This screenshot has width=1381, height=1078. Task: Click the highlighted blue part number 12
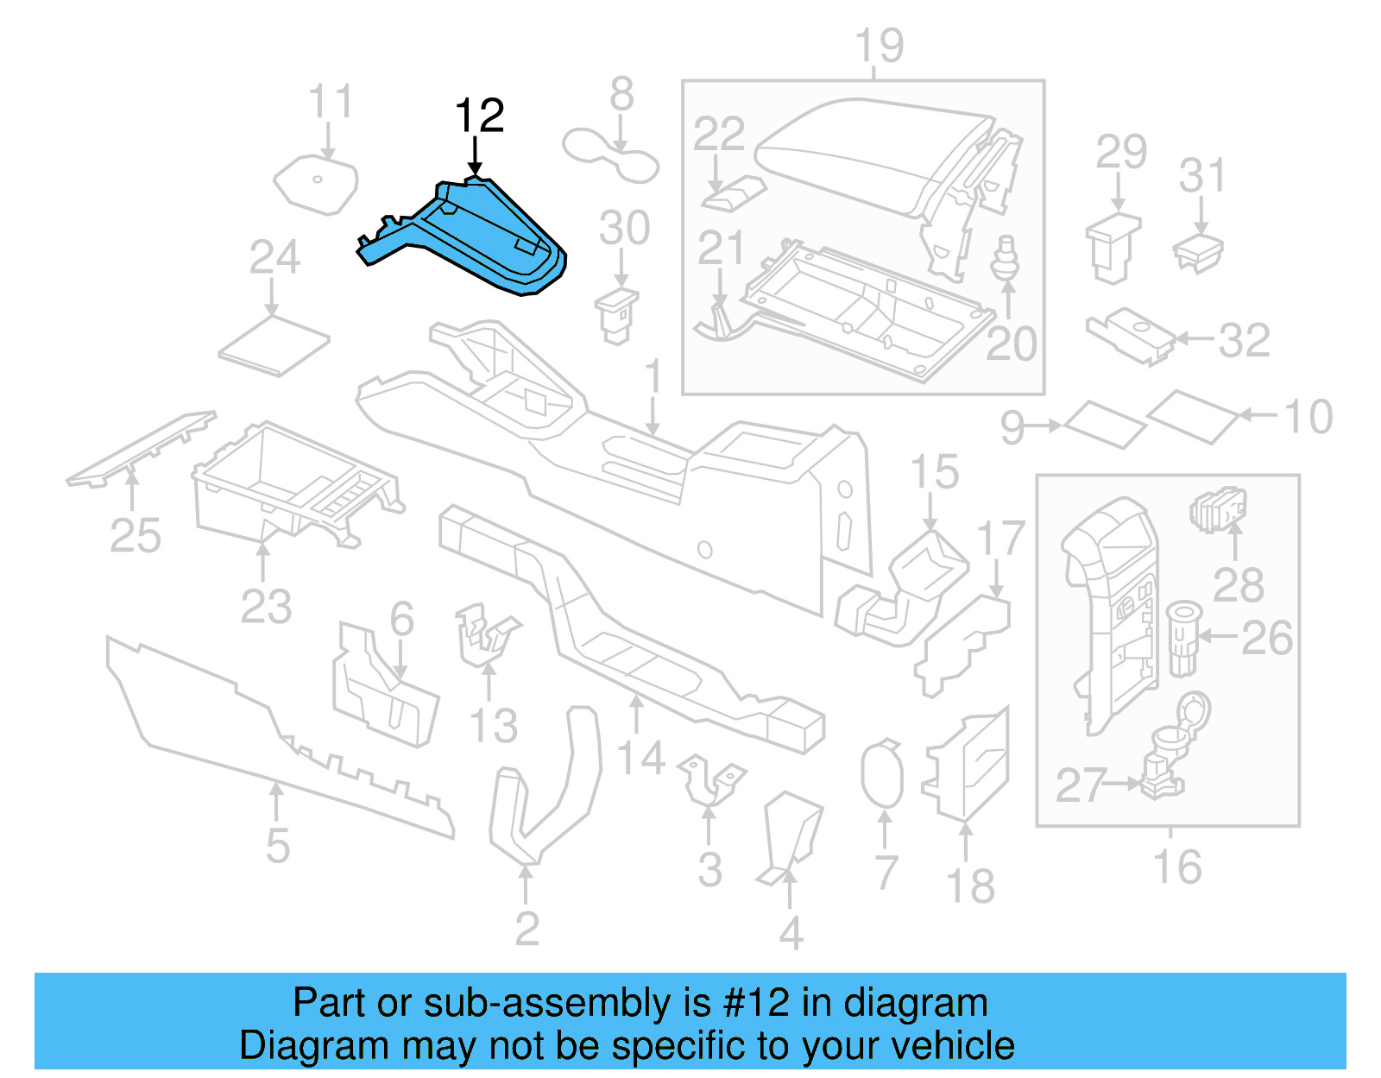click(483, 237)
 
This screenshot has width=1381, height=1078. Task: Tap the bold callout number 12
click(479, 116)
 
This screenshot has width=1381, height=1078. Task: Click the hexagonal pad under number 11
click(316, 183)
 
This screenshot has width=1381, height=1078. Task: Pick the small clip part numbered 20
click(1004, 257)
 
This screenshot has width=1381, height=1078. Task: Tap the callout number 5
click(277, 845)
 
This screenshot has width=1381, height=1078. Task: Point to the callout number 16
click(1176, 867)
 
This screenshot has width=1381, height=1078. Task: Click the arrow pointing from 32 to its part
click(1196, 339)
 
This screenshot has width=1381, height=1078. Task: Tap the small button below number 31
click(1198, 253)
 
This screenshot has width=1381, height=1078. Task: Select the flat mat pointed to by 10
click(1195, 416)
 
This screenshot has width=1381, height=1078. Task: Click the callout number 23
click(266, 606)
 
